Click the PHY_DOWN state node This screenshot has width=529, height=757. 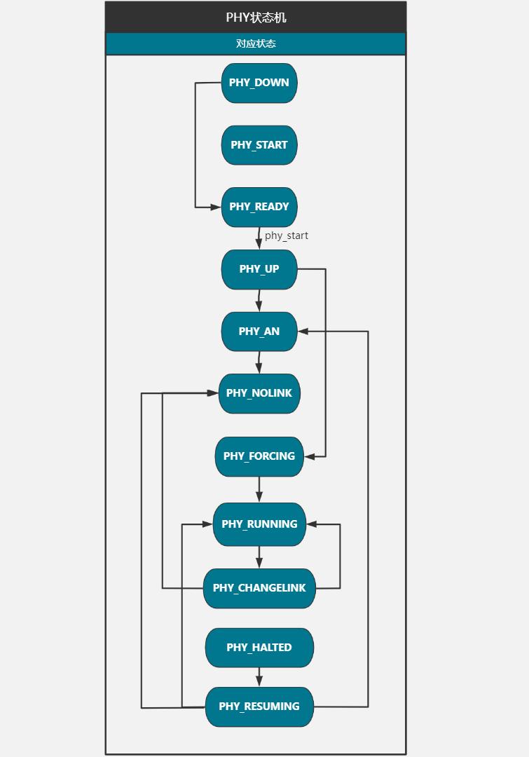259,83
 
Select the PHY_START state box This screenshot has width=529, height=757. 259,145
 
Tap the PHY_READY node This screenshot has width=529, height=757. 259,207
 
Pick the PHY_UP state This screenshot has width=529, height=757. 259,269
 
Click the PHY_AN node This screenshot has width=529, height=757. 259,332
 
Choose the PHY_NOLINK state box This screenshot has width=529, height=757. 259,393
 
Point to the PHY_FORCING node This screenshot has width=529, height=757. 259,456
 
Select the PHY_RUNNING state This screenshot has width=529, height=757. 259,524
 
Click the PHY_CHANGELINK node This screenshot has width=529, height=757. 259,588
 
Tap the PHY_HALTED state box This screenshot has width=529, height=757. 259,648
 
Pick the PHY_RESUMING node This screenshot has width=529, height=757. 259,707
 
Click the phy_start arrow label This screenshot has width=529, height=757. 286,236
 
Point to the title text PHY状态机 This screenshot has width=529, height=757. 256,18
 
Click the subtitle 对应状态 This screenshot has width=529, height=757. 256,43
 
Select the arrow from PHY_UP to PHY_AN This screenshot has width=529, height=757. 259,300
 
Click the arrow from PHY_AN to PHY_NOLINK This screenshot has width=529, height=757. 259,362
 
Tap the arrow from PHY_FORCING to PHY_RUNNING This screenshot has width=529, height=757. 259,489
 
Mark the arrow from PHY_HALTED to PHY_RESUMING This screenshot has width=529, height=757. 259,677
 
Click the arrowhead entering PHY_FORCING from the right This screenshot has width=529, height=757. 310,456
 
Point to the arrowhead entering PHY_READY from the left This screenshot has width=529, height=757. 216,207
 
